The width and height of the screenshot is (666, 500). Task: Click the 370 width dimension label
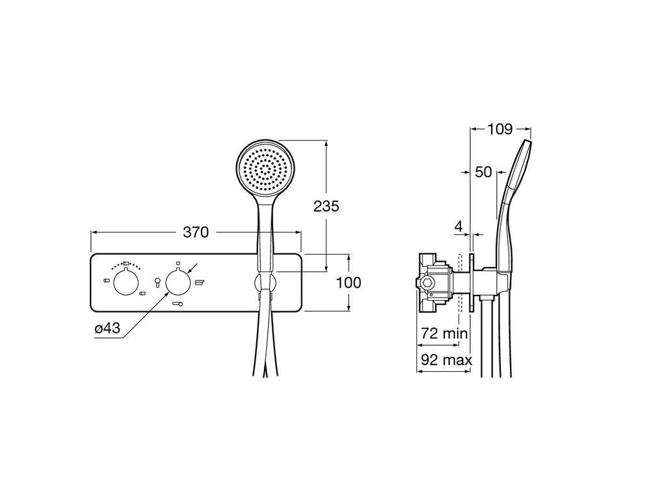coord(196,232)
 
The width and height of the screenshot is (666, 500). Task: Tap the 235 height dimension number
coord(326,206)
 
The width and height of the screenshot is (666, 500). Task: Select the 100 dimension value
coord(349,283)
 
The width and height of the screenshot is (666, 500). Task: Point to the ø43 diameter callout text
coord(107,328)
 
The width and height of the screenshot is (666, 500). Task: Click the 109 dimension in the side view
coord(500,129)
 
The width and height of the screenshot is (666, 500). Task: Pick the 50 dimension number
coord(483,172)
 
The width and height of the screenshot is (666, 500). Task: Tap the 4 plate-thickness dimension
coord(459,227)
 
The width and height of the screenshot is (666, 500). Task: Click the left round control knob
coord(126,282)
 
